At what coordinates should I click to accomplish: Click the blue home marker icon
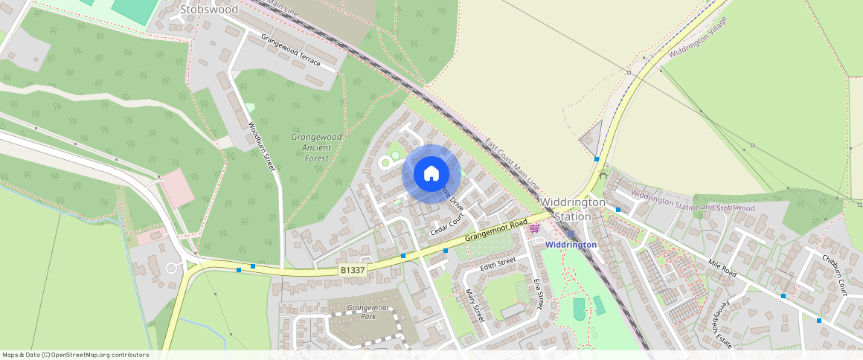(431, 174)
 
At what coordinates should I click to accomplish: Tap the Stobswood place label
(209, 10)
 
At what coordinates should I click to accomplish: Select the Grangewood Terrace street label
(290, 50)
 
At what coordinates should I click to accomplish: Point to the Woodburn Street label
(261, 146)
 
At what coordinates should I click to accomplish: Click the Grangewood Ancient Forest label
(316, 147)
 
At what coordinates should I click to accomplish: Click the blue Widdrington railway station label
(571, 245)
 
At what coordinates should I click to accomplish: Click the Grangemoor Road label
(496, 230)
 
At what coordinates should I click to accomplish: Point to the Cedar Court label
(447, 225)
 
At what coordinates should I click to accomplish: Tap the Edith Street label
(498, 264)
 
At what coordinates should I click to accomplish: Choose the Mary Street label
(474, 305)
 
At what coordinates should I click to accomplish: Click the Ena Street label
(539, 293)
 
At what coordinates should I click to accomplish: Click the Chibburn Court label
(835, 274)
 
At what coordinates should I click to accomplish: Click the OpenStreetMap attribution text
(75, 355)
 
